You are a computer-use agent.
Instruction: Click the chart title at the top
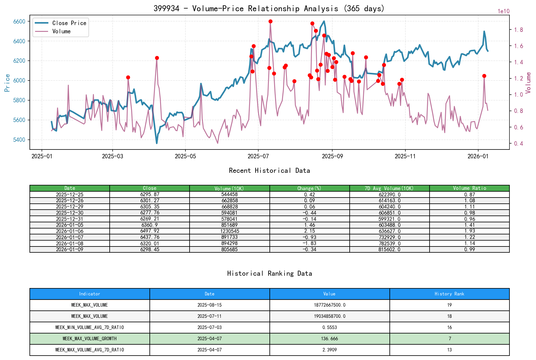tap(269, 8)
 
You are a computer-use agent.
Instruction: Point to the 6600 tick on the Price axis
tap(19, 22)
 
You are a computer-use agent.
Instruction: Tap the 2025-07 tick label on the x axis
tap(258, 156)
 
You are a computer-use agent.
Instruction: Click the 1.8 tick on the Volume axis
tap(519, 30)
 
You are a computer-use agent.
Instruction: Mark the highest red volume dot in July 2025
tap(270, 21)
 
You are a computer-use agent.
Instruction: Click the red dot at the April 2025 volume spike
tap(157, 58)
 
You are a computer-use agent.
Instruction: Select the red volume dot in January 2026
tap(484, 76)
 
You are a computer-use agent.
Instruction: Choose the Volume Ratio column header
tap(469, 188)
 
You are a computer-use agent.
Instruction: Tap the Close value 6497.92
tap(150, 231)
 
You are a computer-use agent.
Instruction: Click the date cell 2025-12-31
tap(70, 219)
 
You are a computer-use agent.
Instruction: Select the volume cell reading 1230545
tap(229, 231)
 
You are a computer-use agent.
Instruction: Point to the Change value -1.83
tap(309, 243)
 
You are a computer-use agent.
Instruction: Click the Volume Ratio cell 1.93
tap(469, 231)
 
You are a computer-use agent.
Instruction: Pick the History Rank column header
tap(449, 294)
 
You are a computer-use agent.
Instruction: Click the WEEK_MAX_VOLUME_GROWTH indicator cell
tap(90, 338)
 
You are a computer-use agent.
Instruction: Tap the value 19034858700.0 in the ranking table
tap(329, 316)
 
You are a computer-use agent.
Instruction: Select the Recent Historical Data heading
tap(269, 170)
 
